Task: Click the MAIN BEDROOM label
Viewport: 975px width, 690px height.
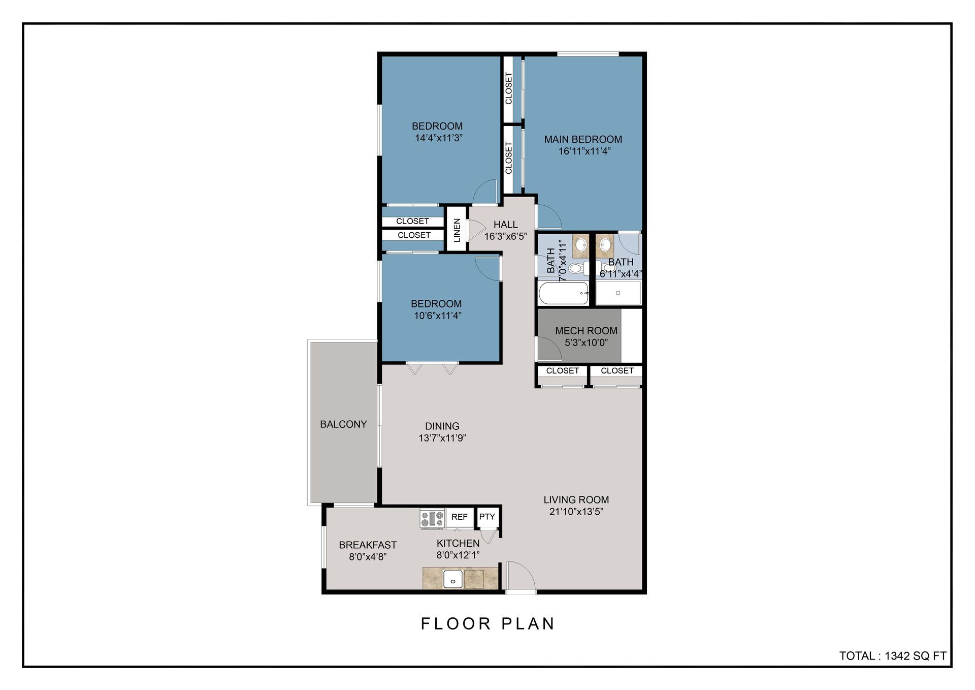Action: point(583,139)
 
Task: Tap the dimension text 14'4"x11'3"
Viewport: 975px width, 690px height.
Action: point(438,138)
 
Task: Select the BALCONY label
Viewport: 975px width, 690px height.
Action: point(343,424)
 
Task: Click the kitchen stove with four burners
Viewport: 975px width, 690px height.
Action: point(432,518)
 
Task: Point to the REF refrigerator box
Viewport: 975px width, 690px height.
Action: point(460,517)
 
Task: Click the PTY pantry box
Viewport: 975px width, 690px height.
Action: point(487,517)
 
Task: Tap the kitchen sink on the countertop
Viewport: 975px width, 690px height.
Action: point(452,579)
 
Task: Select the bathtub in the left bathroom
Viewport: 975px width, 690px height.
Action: point(563,294)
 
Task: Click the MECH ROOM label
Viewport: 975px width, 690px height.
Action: point(586,331)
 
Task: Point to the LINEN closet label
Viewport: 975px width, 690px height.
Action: point(457,230)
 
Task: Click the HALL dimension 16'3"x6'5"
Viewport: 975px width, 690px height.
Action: point(505,236)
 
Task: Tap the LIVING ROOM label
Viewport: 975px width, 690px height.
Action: point(576,500)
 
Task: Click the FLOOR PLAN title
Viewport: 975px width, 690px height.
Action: point(488,624)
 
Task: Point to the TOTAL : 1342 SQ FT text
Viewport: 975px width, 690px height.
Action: point(893,656)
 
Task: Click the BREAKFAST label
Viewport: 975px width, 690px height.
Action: point(368,545)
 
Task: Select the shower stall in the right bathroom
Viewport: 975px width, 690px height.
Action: point(618,293)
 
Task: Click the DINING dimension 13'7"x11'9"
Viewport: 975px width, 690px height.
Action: point(442,438)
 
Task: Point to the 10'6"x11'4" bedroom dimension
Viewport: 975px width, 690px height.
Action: point(437,316)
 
